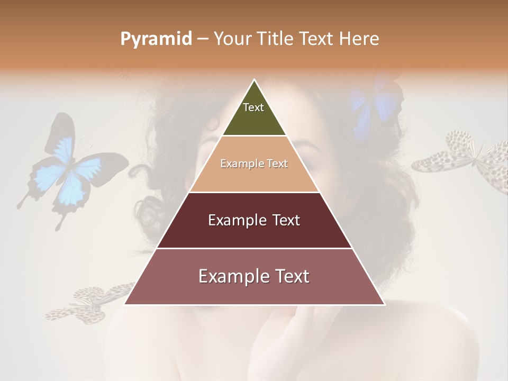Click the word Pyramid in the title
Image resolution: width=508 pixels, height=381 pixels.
pyautogui.click(x=156, y=39)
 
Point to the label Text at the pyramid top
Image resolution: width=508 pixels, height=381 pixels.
pyautogui.click(x=253, y=107)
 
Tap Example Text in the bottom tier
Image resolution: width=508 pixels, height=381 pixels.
pyautogui.click(x=254, y=276)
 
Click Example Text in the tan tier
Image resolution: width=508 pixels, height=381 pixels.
pyautogui.click(x=254, y=164)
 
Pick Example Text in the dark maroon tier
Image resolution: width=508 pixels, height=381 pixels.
pyautogui.click(x=254, y=220)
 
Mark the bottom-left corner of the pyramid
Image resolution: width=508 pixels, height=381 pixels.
pyautogui.click(x=125, y=304)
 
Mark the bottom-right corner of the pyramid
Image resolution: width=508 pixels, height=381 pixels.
pyautogui.click(x=384, y=304)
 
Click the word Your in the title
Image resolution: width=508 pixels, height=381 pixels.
pyautogui.click(x=232, y=39)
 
